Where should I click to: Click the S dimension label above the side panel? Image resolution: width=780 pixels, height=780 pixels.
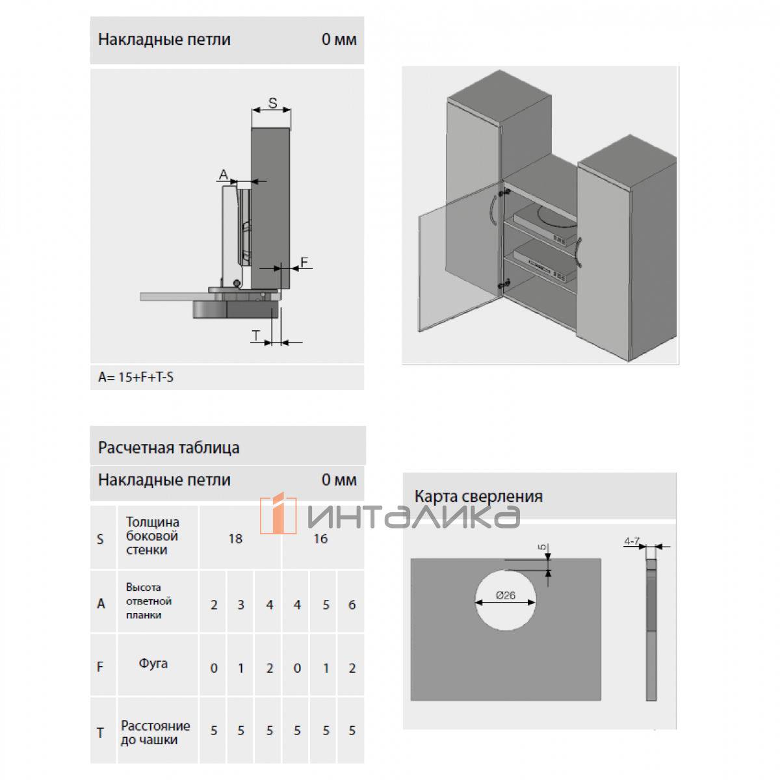[x=272, y=103]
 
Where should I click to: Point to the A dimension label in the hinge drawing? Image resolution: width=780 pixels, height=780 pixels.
[x=224, y=174]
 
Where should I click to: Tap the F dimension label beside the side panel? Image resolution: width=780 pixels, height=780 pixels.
[x=304, y=262]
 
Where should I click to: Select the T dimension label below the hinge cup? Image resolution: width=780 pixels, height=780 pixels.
[x=256, y=335]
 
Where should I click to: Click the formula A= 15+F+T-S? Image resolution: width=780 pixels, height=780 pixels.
[x=136, y=377]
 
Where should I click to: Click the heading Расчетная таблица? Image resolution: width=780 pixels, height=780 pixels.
[x=169, y=448]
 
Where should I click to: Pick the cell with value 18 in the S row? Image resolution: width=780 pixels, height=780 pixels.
[x=235, y=539]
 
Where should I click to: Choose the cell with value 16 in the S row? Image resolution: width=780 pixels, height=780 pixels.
[x=320, y=539]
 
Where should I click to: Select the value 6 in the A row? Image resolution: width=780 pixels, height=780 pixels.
[x=352, y=604]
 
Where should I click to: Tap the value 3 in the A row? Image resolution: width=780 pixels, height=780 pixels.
[x=240, y=604]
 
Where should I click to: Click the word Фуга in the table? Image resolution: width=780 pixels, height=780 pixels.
[x=153, y=664]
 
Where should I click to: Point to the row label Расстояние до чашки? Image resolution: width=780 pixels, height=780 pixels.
[x=155, y=733]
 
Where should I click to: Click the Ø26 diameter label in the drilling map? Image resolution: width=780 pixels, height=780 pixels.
[x=506, y=595]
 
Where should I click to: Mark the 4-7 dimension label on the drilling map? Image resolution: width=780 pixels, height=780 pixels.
[x=631, y=541]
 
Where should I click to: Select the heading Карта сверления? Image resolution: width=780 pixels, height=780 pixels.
[x=478, y=496]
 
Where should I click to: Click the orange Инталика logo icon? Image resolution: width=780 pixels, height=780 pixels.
[x=278, y=513]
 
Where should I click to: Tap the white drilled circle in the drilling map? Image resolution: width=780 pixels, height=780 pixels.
[x=506, y=600]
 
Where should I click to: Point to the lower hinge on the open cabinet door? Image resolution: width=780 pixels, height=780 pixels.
[x=504, y=283]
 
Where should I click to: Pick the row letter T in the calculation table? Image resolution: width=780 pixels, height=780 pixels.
[x=100, y=733]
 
